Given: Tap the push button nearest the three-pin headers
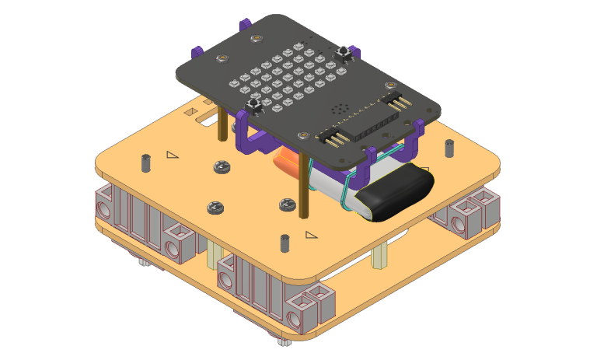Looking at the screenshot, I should click(x=344, y=52).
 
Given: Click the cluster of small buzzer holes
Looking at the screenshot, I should click(x=338, y=110).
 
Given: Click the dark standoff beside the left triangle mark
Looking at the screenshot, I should click(x=145, y=163).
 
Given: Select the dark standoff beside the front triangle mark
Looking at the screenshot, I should click(x=285, y=243).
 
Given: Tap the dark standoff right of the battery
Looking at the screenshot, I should click(x=449, y=148).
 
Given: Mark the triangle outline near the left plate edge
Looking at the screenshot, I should click(x=172, y=155).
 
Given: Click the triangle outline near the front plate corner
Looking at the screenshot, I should click(x=311, y=234).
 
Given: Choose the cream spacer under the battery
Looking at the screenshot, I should click(x=379, y=255).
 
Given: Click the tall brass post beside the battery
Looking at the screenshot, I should click(x=303, y=187).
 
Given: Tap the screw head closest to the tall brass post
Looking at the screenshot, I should click(x=287, y=204).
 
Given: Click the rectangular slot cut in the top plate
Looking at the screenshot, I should click(x=208, y=121).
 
